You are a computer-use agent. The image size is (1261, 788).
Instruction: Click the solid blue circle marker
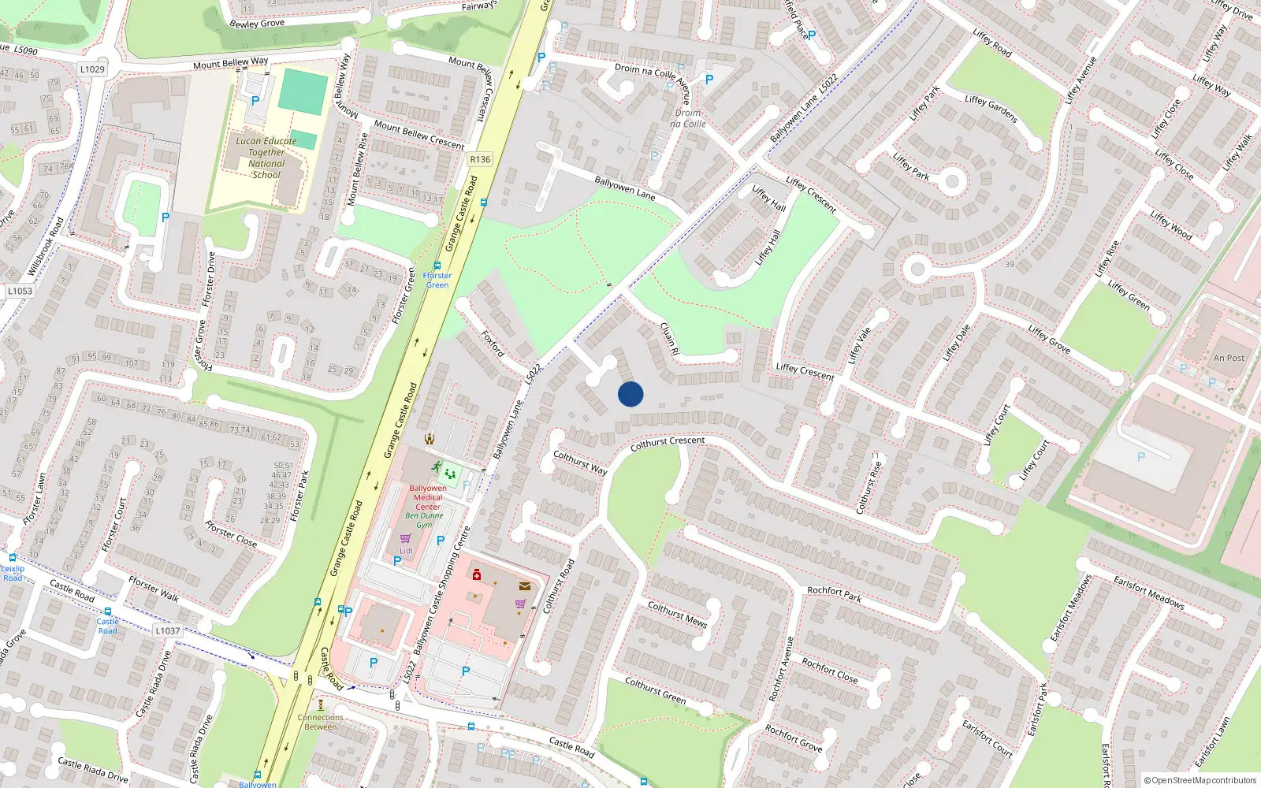(630, 394)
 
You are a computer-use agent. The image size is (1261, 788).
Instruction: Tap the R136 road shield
(480, 159)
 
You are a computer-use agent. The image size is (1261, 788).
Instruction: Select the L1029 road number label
(92, 69)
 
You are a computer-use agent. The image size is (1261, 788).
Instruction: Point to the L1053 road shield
(20, 291)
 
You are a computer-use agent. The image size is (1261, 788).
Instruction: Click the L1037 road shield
(167, 630)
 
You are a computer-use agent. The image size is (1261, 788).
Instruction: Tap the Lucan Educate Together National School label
(266, 158)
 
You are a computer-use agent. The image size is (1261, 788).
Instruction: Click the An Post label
(1229, 358)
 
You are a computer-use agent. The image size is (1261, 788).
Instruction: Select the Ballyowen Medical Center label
(428, 497)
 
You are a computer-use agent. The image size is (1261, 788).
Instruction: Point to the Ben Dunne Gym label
(424, 520)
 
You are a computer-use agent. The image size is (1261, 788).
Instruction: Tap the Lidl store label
(406, 551)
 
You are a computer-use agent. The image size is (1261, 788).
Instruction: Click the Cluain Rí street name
(668, 339)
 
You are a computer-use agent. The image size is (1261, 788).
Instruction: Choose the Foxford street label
(493, 343)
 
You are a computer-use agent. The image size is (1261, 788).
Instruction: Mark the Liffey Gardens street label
(991, 109)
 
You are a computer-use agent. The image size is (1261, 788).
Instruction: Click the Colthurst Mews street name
(677, 614)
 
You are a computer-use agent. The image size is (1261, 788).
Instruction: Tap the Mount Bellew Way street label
(230, 62)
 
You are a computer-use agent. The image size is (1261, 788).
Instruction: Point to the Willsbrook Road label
(46, 247)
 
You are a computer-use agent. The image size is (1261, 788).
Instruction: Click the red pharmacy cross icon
(477, 575)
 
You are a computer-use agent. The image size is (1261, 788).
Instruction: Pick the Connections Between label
(321, 722)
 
